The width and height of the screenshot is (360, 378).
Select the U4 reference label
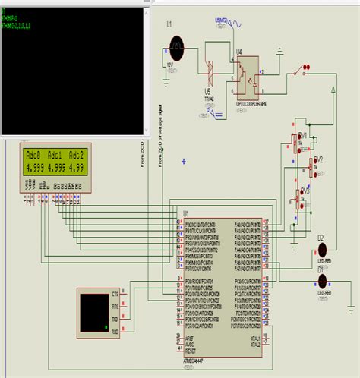tap(239, 52)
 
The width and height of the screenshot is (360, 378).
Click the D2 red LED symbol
tap(323, 248)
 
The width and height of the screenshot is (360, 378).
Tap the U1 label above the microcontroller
tap(185, 213)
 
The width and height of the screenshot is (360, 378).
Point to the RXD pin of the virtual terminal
tap(115, 332)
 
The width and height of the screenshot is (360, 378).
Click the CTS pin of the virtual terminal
tap(115, 293)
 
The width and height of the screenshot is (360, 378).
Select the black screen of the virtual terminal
tap(94, 311)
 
